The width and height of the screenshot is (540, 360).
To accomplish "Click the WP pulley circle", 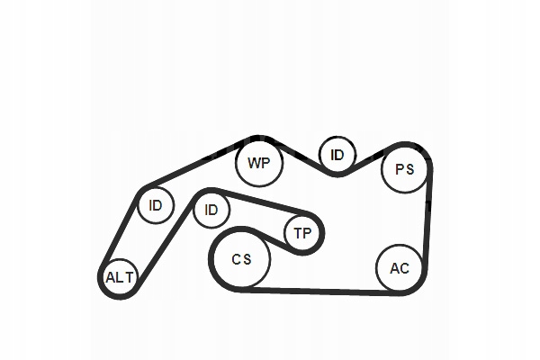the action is click(x=258, y=163).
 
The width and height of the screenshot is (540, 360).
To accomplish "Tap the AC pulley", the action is click(x=399, y=267).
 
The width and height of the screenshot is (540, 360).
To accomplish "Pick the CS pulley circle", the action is click(x=240, y=259).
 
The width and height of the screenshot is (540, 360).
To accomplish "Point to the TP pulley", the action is click(x=302, y=234).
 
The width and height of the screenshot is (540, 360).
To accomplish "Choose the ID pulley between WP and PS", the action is click(x=337, y=155).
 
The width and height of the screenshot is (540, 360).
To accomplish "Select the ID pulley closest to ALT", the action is click(x=156, y=206).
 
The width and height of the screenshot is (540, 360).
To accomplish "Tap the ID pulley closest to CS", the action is click(x=211, y=210).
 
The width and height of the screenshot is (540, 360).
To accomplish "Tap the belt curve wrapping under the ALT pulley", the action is click(x=121, y=296).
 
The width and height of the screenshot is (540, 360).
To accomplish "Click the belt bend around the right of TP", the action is click(x=321, y=233).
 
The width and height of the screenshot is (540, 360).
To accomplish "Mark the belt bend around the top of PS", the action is click(x=409, y=144).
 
